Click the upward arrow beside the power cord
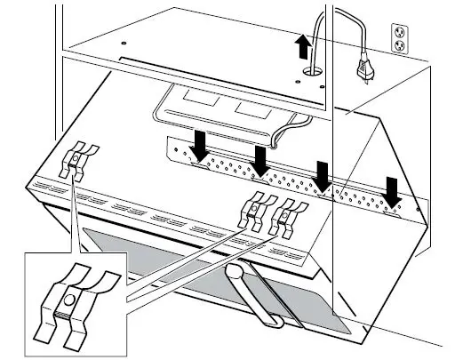point(304,45)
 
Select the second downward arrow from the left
point(260,161)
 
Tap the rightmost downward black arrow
point(388,189)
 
